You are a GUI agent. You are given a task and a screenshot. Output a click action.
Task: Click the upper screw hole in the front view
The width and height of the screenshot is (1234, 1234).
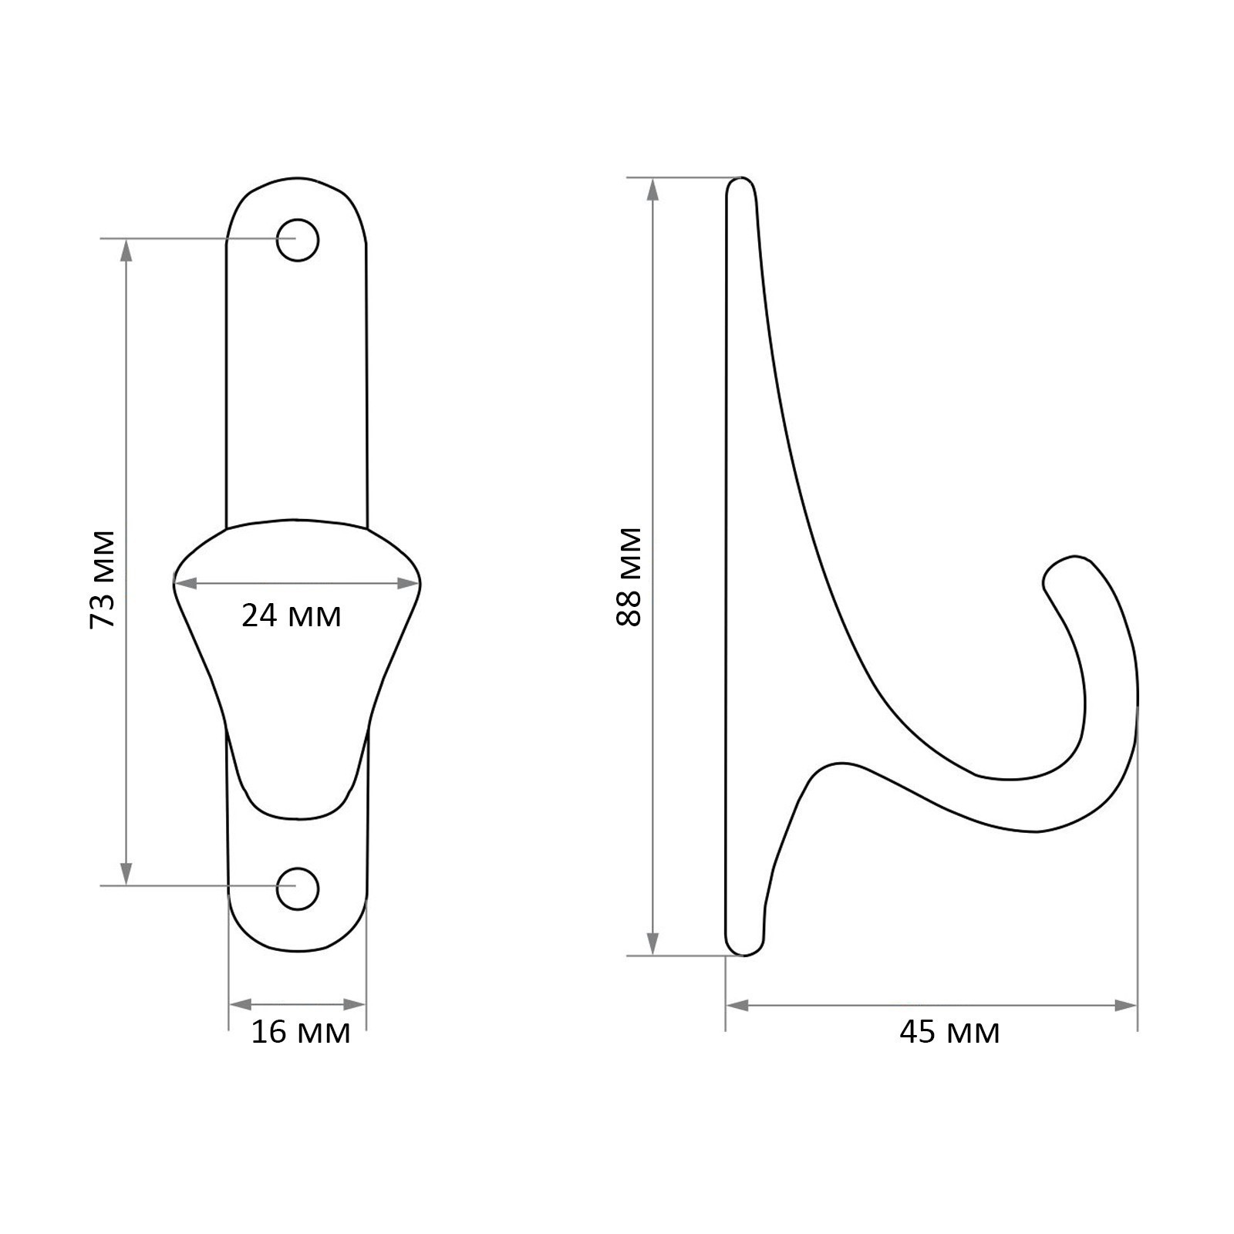click(x=298, y=240)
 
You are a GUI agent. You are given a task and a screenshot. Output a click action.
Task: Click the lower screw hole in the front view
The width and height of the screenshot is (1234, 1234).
click(x=298, y=888)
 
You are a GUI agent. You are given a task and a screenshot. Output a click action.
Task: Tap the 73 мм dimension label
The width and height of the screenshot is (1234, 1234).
click(x=103, y=579)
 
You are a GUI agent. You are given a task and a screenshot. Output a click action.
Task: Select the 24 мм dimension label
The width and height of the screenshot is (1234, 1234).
click(x=292, y=616)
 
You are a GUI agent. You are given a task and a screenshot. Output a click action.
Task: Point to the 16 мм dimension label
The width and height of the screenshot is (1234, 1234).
click(x=301, y=1032)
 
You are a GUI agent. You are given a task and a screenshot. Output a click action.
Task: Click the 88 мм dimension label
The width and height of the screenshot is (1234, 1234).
click(x=629, y=577)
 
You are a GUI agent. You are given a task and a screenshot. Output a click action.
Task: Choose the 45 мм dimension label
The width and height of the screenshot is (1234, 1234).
click(x=949, y=1032)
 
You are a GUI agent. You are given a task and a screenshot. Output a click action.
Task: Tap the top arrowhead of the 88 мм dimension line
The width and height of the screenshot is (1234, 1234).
click(x=653, y=190)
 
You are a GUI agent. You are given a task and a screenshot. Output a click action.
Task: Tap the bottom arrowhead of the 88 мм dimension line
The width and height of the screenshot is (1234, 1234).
click(x=653, y=943)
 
